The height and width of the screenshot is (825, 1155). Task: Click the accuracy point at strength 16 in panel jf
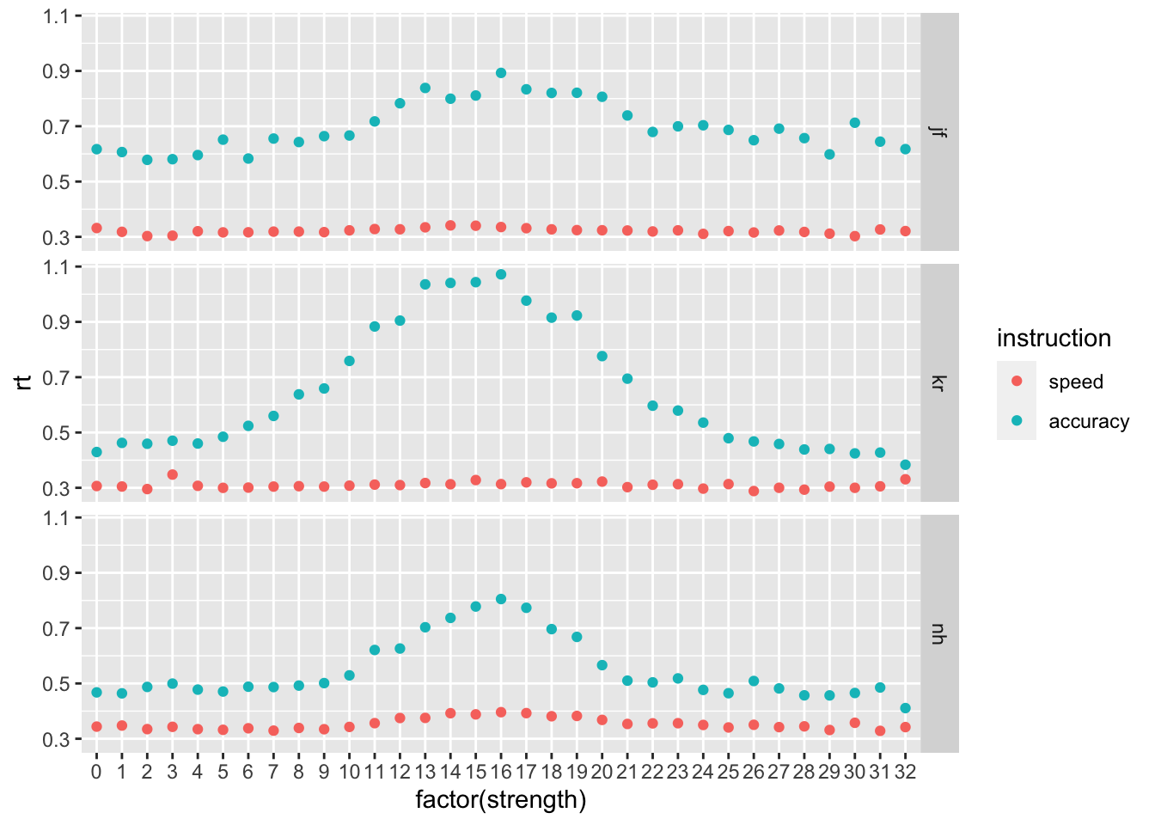pos(501,73)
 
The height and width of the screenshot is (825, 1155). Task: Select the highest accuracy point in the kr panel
pos(501,274)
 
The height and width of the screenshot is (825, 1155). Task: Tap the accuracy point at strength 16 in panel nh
pos(501,599)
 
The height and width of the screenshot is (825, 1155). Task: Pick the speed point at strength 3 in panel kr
pos(172,474)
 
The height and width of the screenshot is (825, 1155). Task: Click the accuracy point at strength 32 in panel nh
pos(905,708)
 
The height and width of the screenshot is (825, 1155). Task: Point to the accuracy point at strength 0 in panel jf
pos(96,150)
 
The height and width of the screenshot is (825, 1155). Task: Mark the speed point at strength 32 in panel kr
pos(905,479)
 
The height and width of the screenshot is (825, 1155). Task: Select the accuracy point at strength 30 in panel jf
pos(854,123)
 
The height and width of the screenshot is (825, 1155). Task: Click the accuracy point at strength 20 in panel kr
pos(602,356)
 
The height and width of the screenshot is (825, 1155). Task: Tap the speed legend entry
pos(1075,382)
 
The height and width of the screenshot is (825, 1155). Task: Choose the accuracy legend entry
pos(1088,422)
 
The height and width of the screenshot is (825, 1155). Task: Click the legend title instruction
pos(1054,339)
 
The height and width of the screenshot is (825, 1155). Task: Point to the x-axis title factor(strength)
pos(501,800)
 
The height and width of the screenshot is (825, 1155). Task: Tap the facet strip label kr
pos(939,382)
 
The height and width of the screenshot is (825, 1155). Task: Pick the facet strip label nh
pos(939,634)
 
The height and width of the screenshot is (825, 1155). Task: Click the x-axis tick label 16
pos(501,772)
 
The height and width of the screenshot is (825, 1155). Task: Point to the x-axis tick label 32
pos(905,772)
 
